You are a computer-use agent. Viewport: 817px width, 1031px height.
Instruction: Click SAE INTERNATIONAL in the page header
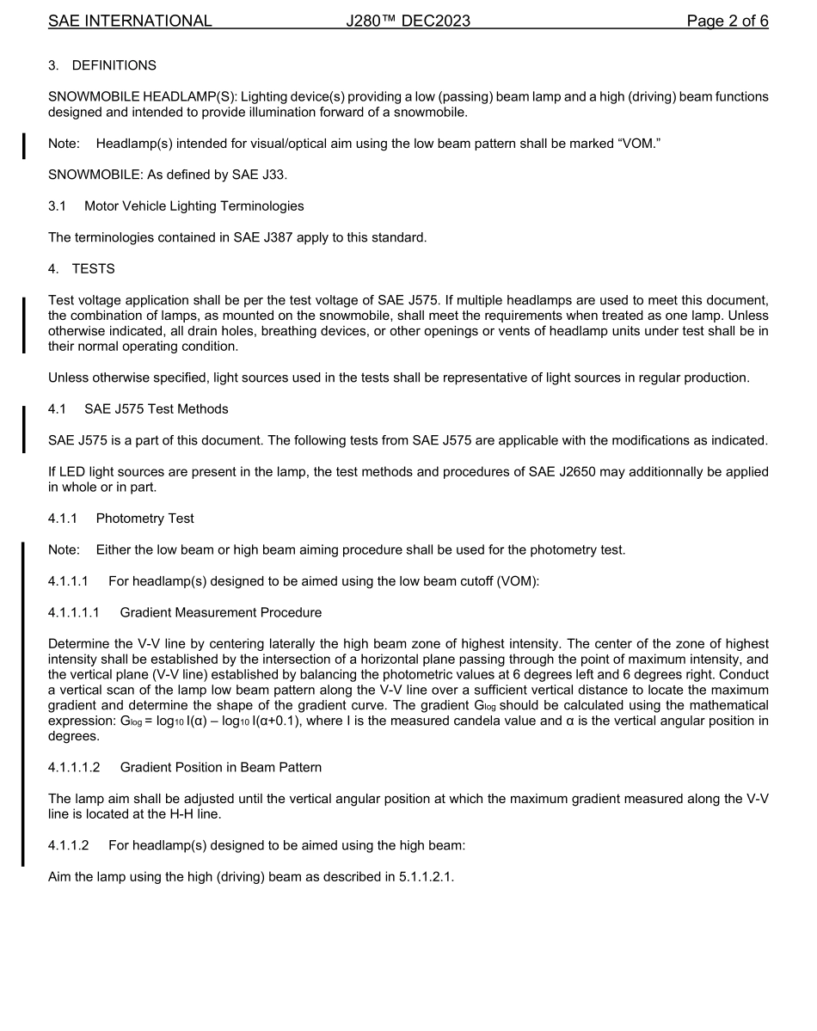[x=130, y=21]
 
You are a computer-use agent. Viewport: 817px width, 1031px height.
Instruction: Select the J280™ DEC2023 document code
[x=408, y=21]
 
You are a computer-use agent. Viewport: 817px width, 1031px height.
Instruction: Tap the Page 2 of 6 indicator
[x=727, y=21]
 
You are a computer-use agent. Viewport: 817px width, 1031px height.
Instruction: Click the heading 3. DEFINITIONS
[x=102, y=66]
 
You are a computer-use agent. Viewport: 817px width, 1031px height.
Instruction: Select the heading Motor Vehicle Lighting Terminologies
[x=193, y=206]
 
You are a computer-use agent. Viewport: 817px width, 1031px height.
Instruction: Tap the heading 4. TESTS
[x=81, y=269]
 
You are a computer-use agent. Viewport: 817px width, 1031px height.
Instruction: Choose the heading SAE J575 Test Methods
[x=156, y=408]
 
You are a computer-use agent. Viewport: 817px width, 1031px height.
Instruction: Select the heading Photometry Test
[x=144, y=519]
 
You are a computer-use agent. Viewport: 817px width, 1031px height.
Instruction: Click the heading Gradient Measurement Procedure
[x=220, y=612]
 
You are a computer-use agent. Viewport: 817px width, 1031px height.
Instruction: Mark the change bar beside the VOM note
[x=24, y=144]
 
